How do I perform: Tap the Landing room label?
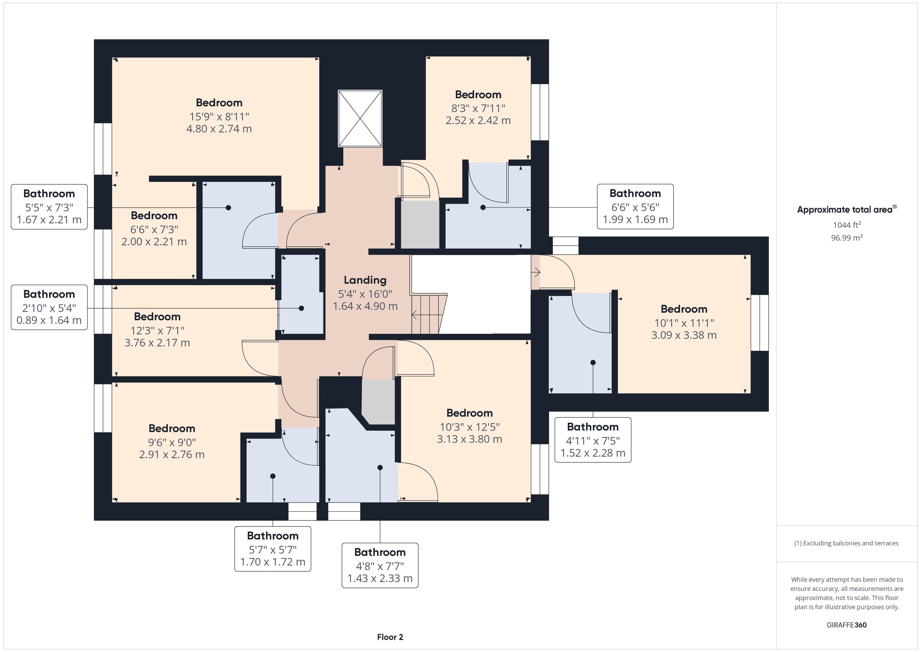(365, 280)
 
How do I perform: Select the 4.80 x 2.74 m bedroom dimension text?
(219, 129)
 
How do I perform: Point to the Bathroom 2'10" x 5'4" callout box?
(49, 307)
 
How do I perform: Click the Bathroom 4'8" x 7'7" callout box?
(380, 565)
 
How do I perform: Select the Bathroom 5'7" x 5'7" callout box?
(273, 549)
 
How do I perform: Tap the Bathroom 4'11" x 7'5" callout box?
(593, 440)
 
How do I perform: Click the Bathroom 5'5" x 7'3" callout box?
(49, 207)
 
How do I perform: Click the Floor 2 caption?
(390, 637)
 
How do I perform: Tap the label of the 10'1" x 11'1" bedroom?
(684, 309)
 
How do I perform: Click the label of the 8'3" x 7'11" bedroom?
(478, 95)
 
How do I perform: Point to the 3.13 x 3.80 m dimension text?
(469, 439)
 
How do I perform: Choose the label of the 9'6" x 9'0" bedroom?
(172, 428)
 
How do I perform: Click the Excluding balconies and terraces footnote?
(846, 543)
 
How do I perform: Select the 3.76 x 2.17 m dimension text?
(157, 343)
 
